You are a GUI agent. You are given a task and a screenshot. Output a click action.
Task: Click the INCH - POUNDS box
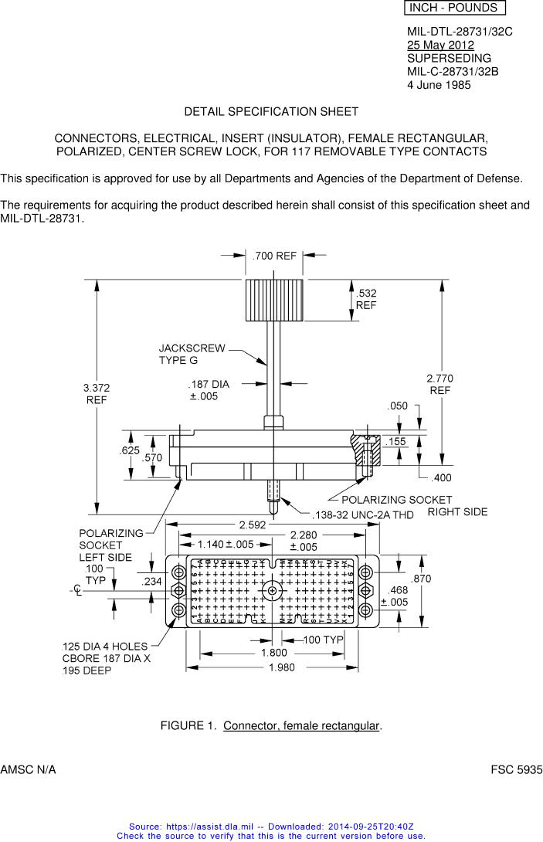tap(453, 8)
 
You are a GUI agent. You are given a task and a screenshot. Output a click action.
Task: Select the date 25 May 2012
tap(440, 45)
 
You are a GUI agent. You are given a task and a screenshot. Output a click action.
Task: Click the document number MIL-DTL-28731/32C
tap(460, 32)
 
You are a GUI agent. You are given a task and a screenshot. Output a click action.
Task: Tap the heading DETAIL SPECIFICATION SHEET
tap(271, 111)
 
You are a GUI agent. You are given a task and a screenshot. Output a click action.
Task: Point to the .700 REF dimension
tap(275, 256)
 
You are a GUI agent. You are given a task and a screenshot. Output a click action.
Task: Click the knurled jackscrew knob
tap(274, 301)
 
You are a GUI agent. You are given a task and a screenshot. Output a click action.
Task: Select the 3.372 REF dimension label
tap(97, 393)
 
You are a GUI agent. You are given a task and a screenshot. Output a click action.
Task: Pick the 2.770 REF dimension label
tap(439, 384)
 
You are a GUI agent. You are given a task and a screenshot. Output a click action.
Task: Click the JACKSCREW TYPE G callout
tap(192, 354)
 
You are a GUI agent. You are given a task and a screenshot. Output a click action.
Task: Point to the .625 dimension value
tap(129, 450)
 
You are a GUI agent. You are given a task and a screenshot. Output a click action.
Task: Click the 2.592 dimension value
tap(254, 525)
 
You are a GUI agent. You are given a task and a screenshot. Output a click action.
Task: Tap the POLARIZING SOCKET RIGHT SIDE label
tap(414, 506)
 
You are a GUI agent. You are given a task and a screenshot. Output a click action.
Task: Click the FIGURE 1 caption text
tap(271, 725)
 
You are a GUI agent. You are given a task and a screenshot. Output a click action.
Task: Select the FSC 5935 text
tap(517, 770)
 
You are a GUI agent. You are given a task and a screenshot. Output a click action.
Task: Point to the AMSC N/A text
tap(28, 770)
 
